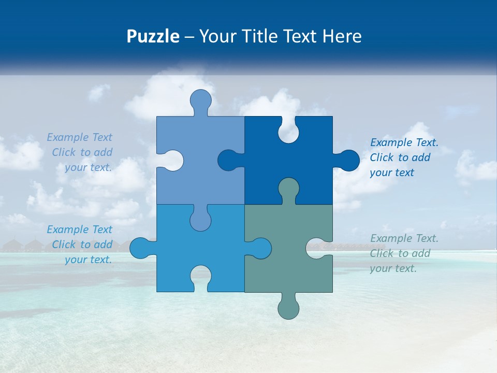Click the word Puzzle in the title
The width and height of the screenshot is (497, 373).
point(153,37)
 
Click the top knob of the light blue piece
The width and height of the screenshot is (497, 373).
point(201,101)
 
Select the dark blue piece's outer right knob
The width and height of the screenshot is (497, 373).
point(347,161)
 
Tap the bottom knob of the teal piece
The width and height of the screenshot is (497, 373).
point(288,307)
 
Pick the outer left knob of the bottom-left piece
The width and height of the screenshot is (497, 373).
point(141,248)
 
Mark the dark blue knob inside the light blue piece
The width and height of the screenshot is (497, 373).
point(229,161)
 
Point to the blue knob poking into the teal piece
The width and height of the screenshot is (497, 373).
point(259,248)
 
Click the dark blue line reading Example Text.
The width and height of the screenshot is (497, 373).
point(404,142)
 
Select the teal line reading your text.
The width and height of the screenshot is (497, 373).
point(393,268)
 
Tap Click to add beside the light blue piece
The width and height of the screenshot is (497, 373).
point(82,152)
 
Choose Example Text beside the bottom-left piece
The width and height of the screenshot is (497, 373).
point(79,229)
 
